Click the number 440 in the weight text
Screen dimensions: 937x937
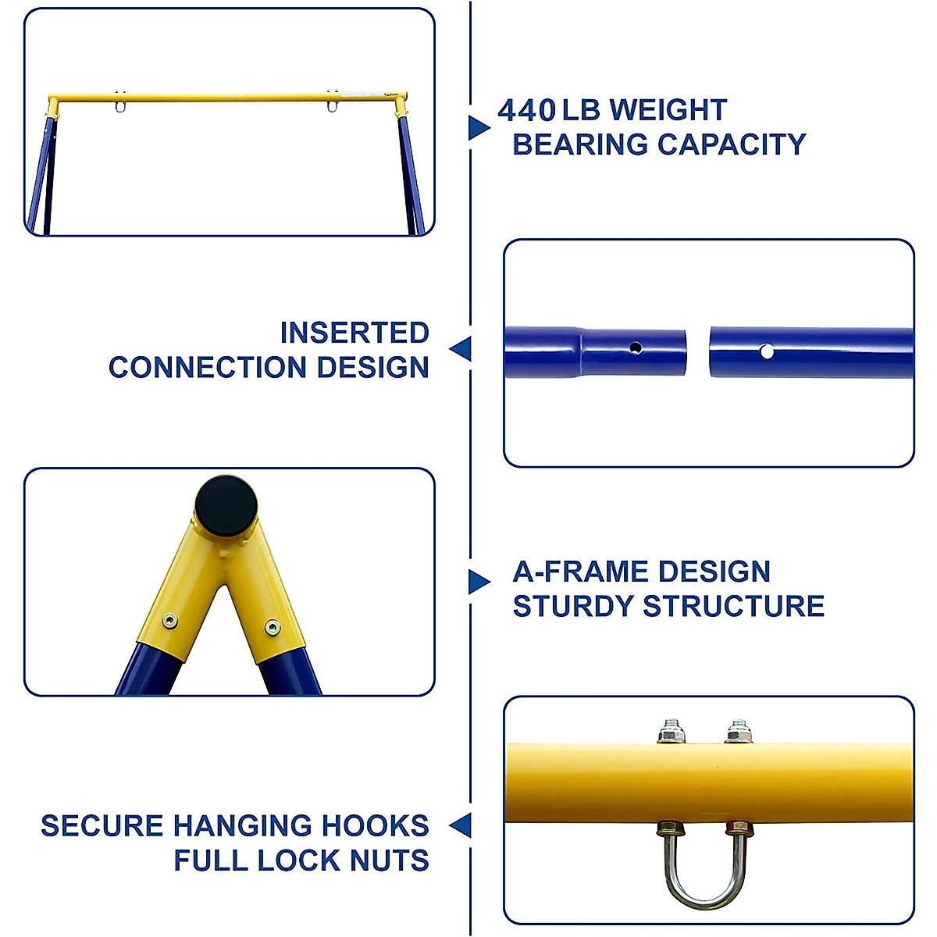pyautogui.click(x=526, y=111)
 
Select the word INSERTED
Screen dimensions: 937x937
pyautogui.click(x=354, y=333)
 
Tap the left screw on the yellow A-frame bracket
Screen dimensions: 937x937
pyautogui.click(x=169, y=622)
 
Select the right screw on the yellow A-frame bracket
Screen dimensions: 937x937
pyautogui.click(x=272, y=627)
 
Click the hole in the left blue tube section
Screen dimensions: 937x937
pyautogui.click(x=636, y=347)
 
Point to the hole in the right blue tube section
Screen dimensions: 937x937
pyautogui.click(x=767, y=352)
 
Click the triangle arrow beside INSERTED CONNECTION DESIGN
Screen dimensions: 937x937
pyautogui.click(x=461, y=349)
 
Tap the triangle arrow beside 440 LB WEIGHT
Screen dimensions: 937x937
pyautogui.click(x=479, y=127)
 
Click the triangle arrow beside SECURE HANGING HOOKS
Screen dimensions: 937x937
pyautogui.click(x=461, y=825)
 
